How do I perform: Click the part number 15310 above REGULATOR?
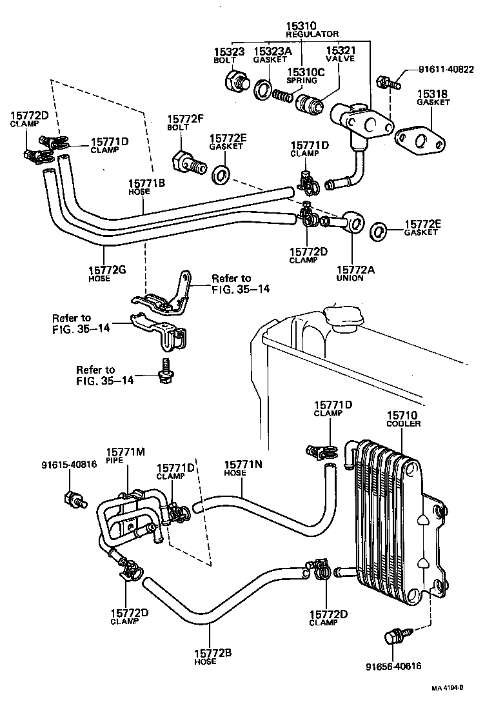pyautogui.click(x=302, y=26)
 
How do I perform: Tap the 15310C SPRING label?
pyautogui.click(x=302, y=76)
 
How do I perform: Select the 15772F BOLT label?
pyautogui.click(x=186, y=123)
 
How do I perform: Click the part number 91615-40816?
pyautogui.click(x=69, y=464)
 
